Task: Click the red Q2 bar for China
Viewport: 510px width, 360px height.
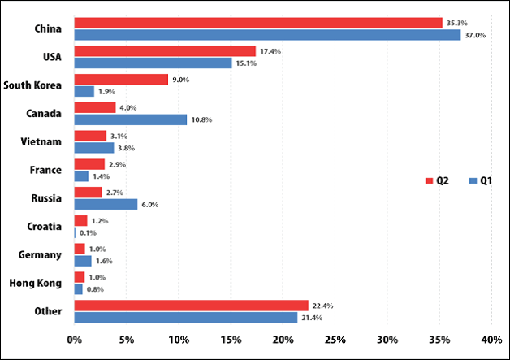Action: point(258,23)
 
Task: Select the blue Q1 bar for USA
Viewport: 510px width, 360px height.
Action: point(153,63)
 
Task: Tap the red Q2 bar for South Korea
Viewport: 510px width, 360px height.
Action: point(121,80)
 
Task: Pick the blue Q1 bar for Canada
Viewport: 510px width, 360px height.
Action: point(130,119)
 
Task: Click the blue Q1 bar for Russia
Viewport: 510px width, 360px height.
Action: point(106,204)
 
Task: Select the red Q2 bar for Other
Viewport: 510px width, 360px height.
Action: point(191,306)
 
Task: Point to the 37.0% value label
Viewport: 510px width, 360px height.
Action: point(475,36)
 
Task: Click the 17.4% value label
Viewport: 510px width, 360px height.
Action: point(271,51)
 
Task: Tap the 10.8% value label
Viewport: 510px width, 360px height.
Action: point(202,119)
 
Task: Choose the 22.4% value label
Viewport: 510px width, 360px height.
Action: point(323,306)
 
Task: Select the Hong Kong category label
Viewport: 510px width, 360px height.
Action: point(35,283)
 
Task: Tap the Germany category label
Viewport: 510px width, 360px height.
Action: point(40,255)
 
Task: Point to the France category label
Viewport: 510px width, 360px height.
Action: point(45,170)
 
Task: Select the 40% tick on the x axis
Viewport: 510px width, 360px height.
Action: point(491,339)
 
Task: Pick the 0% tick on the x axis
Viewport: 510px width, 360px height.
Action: point(75,339)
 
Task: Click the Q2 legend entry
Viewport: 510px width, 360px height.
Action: point(438,180)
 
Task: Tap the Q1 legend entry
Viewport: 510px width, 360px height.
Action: point(480,180)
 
